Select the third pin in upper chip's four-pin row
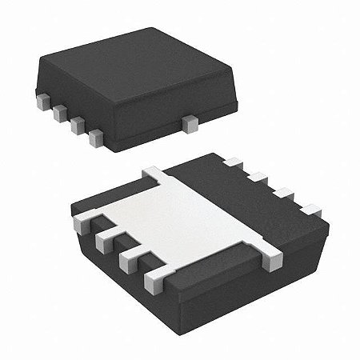pos(78,126)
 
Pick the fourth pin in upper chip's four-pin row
pos(96,138)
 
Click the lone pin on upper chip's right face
pos(190,123)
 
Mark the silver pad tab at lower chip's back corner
pos(154,171)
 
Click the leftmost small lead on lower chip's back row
pos(233,164)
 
